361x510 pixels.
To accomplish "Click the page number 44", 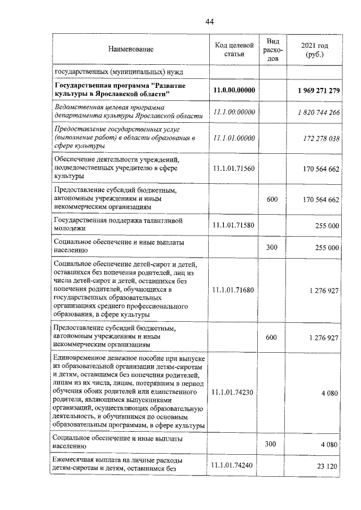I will (209, 22).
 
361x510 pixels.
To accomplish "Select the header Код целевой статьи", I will (234, 50).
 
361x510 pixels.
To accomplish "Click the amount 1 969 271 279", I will (318, 90).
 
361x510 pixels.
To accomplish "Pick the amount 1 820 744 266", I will (319, 112).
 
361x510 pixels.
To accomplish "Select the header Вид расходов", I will (272, 50).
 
